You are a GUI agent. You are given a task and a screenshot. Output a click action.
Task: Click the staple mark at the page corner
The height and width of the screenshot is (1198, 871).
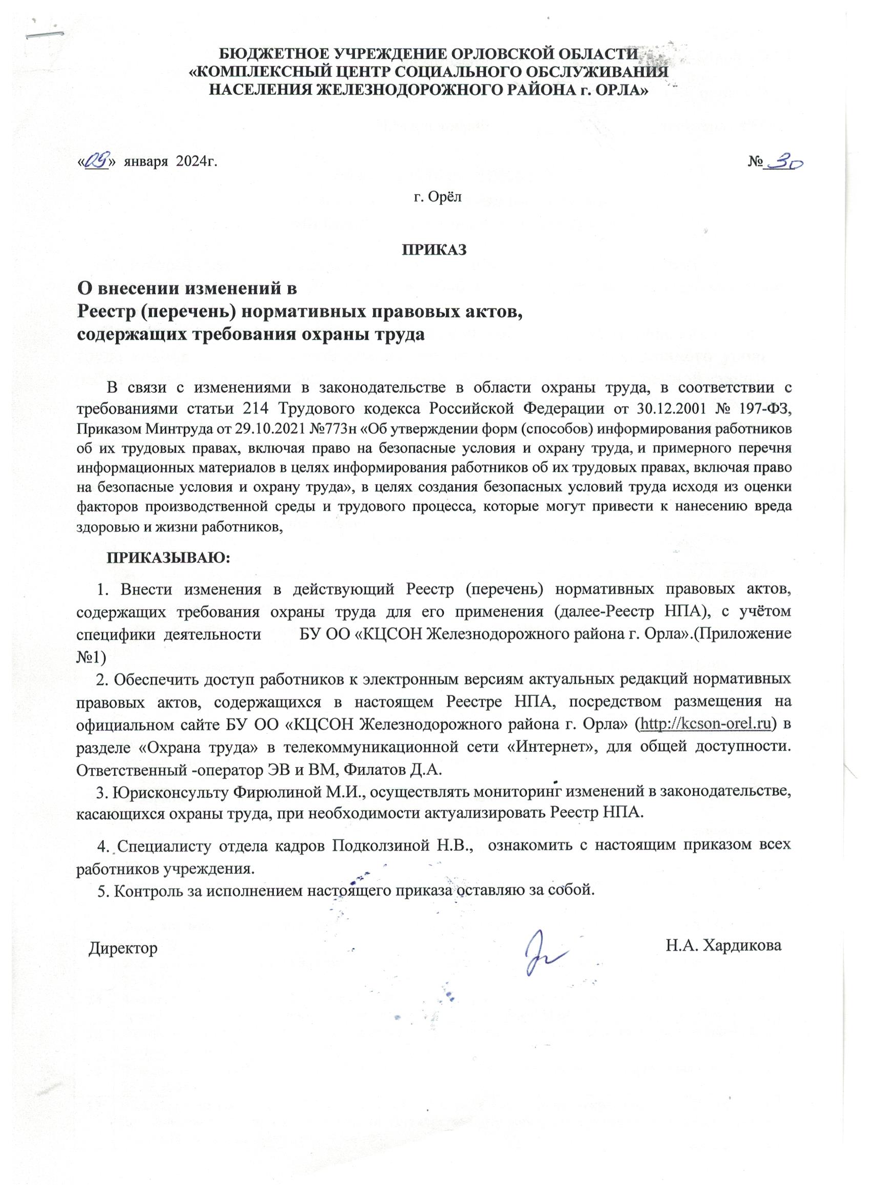[45, 35]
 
